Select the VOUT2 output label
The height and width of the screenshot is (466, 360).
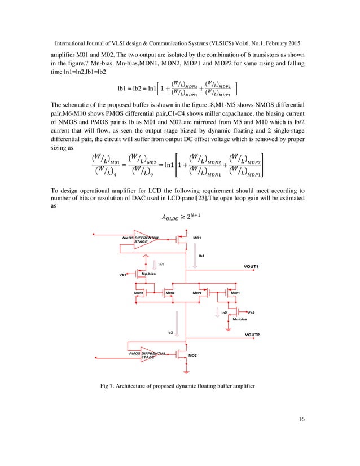pos(254,335)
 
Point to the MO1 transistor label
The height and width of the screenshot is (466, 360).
pos(197,238)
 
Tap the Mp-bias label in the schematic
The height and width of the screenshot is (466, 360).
pos(148,274)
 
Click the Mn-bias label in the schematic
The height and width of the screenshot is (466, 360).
pos(240,319)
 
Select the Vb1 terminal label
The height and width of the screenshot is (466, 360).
pos(123,275)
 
